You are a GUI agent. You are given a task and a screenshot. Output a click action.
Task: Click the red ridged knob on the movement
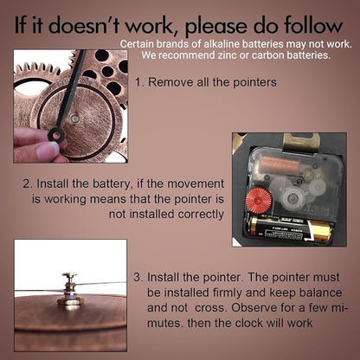click(x=259, y=201)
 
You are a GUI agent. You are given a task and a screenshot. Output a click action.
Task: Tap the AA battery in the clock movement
click(x=290, y=229)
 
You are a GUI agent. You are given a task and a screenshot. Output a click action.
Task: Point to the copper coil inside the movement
click(x=280, y=166)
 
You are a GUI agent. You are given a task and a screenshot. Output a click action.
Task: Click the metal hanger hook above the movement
click(x=301, y=143)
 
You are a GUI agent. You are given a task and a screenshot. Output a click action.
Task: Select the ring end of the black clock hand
click(x=56, y=134)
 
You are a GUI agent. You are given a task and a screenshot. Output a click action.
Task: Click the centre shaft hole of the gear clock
click(x=74, y=118)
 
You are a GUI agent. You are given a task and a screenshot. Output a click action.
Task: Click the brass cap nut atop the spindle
click(x=69, y=275)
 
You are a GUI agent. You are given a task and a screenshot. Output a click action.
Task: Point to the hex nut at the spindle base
click(x=70, y=302)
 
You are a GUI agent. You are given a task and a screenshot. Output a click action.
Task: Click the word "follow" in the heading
click(x=312, y=26)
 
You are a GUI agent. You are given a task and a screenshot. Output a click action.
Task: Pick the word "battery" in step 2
click(x=113, y=184)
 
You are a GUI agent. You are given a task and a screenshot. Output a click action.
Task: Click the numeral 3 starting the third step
click(x=138, y=278)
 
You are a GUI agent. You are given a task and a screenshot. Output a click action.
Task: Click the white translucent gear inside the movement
click(x=292, y=197)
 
